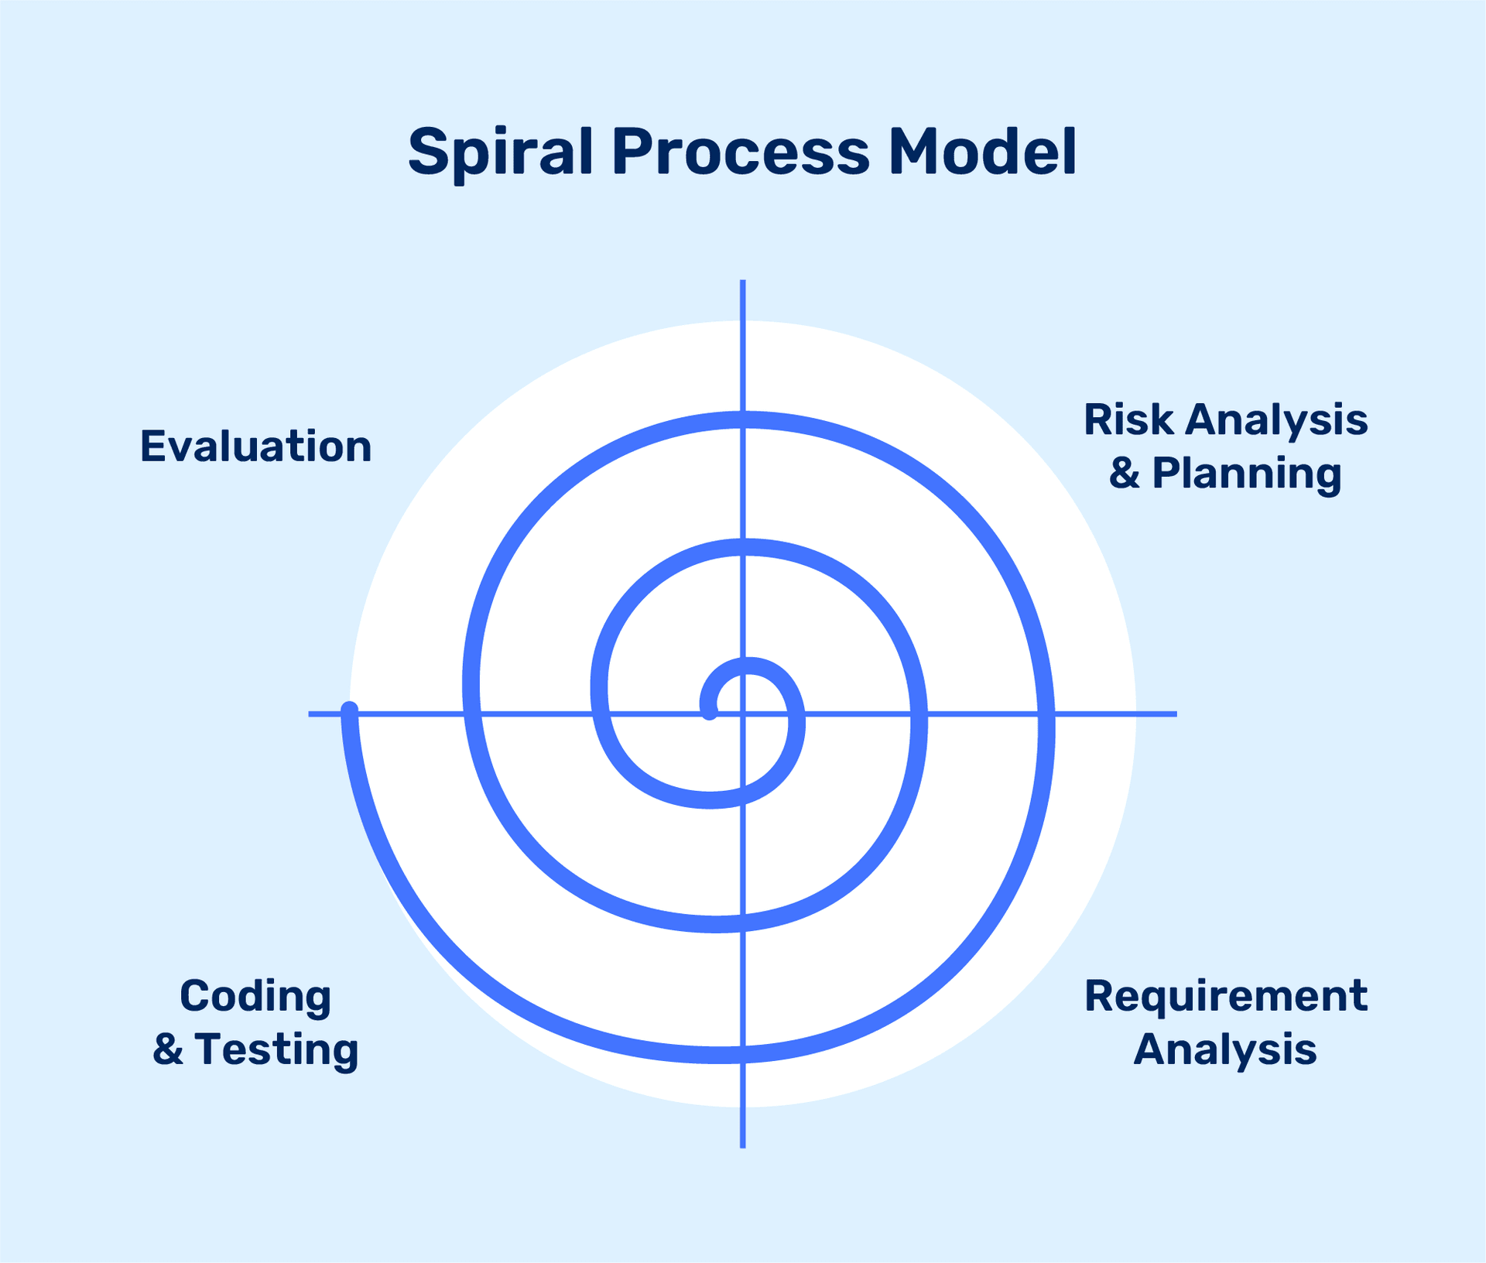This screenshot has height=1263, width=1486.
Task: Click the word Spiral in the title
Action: (x=499, y=152)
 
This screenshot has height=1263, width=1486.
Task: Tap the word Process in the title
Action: (x=741, y=152)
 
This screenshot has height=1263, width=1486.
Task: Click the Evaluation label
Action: (x=255, y=447)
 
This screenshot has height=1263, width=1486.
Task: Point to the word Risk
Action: (x=1128, y=419)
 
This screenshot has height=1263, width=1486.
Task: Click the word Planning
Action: (x=1246, y=473)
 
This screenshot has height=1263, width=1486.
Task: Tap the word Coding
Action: (x=255, y=996)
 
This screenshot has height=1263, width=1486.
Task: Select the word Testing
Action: (x=276, y=1049)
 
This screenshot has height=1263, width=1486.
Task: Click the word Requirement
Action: (x=1225, y=995)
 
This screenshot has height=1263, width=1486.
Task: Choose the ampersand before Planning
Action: (x=1125, y=473)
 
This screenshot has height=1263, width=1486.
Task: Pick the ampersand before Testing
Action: (x=168, y=1049)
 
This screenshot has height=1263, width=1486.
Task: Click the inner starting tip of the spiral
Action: (x=709, y=713)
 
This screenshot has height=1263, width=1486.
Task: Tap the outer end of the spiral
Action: (x=349, y=709)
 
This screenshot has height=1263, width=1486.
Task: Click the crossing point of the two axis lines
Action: (x=742, y=714)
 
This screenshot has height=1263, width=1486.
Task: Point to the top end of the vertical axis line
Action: (x=742, y=282)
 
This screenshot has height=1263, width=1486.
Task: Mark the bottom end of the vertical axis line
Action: (x=742, y=1146)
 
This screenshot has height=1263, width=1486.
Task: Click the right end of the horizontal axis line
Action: (x=1175, y=714)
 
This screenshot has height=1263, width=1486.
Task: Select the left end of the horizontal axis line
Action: (x=310, y=714)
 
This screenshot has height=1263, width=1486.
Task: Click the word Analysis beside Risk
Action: (x=1276, y=419)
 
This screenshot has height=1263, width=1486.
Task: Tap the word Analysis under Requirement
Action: (x=1225, y=1049)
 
